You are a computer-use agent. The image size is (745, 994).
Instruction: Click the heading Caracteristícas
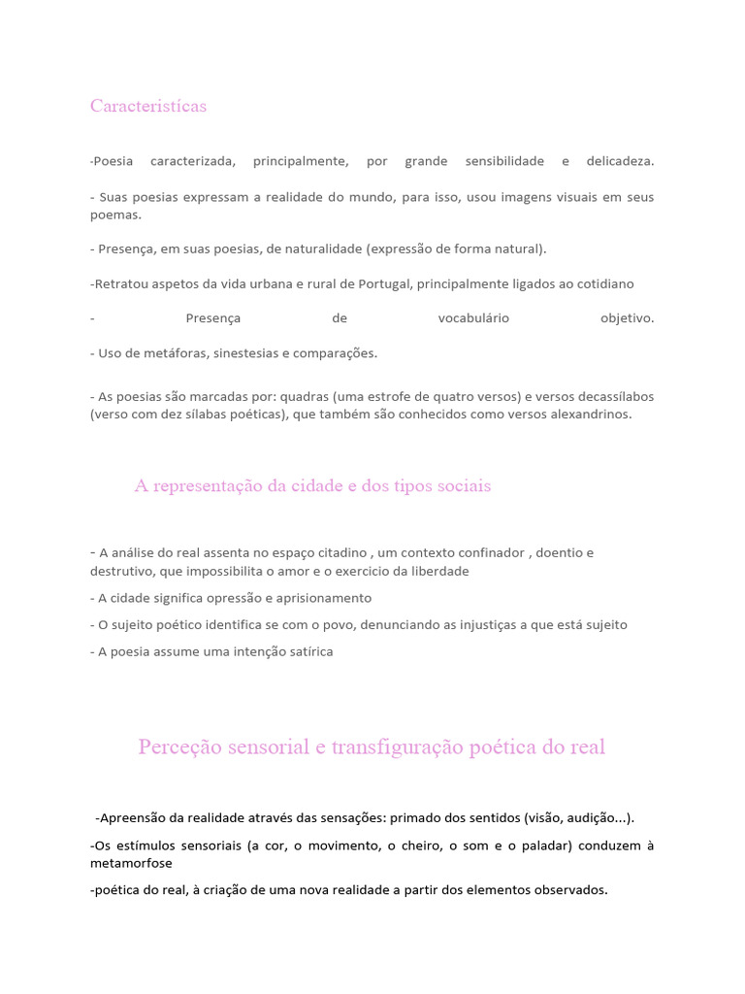point(148,106)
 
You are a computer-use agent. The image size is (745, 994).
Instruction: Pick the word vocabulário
point(473,318)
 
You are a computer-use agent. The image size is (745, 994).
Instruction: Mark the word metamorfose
point(135,863)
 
